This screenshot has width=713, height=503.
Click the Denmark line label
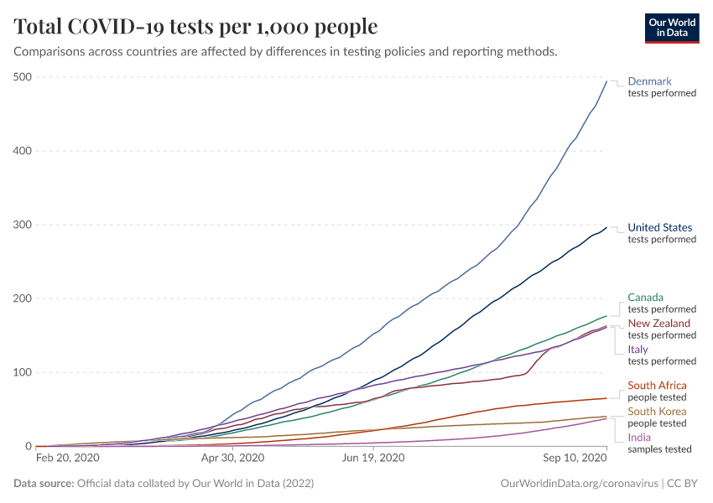point(650,81)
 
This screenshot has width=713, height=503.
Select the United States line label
point(660,227)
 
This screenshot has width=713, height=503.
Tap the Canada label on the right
point(645,297)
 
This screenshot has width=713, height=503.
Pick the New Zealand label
point(659,323)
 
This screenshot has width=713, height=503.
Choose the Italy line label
point(638,349)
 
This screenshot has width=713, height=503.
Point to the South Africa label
point(657,385)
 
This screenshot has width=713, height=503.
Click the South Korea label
point(657,411)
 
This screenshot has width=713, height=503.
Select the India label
point(639,437)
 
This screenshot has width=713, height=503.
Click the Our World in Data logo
point(671,27)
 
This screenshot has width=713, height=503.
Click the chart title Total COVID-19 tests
point(196,27)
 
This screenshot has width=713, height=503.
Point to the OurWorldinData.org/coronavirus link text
point(578,484)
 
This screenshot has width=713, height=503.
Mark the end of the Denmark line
point(606,80)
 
